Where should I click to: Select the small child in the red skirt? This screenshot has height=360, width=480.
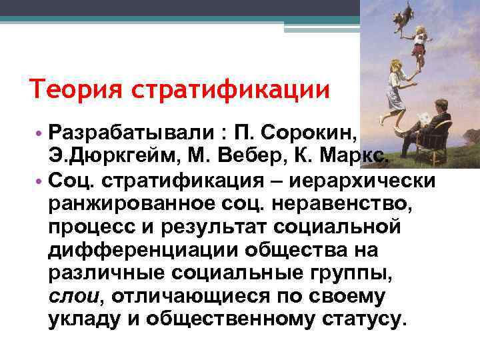419,47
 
